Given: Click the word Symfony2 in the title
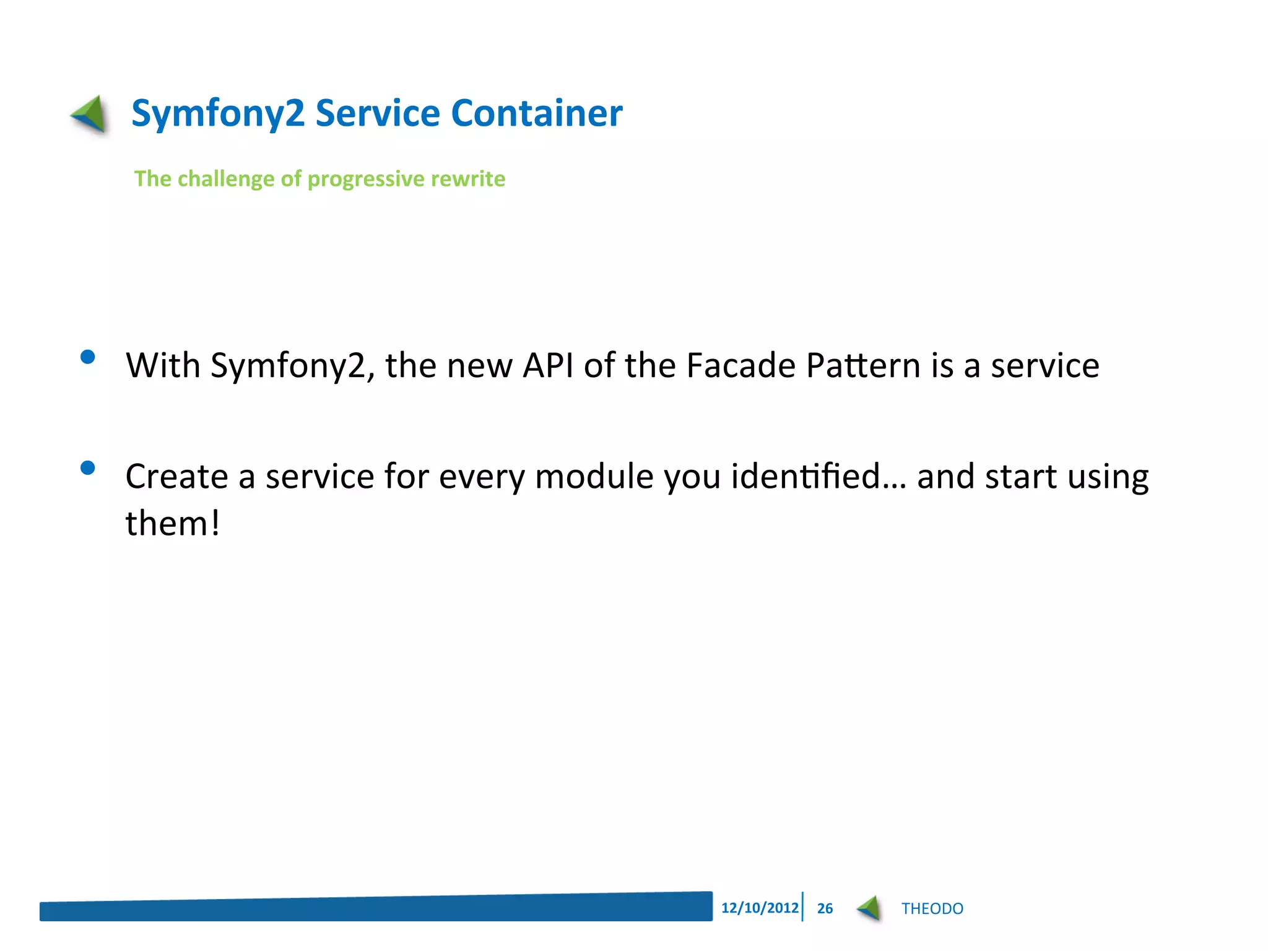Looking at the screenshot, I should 218,114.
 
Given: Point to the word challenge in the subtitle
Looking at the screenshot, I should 226,179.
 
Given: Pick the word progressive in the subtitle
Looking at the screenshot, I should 365,180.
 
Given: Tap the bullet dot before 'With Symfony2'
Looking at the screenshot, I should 88,357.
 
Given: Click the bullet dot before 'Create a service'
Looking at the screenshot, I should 88,467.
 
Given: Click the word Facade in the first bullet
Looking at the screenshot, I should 740,365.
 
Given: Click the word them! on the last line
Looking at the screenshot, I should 172,523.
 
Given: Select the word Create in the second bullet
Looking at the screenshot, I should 176,476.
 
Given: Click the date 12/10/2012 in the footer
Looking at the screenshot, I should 760,908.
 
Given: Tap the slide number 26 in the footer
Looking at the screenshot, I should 825,908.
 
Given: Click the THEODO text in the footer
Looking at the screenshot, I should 932,908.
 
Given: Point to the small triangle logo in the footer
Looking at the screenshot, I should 869,908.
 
